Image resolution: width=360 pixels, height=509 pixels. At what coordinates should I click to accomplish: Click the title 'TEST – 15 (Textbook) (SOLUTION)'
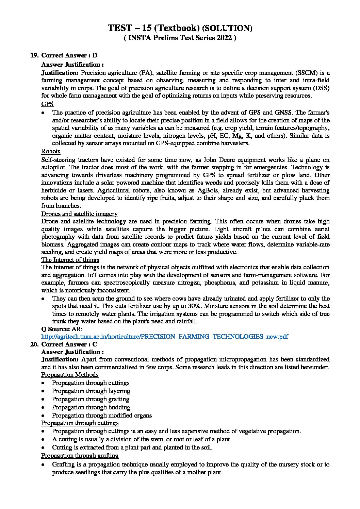point(180,28)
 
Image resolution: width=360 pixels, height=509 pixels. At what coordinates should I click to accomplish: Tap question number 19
point(34,55)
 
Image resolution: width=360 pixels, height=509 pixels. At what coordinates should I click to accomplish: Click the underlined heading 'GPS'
point(47,104)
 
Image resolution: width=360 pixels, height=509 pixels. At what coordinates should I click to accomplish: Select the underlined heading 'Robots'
point(51,151)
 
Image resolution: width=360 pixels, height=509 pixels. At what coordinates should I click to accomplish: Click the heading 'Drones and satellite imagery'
point(79,214)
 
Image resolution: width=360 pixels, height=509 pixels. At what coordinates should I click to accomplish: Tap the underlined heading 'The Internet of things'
point(70,260)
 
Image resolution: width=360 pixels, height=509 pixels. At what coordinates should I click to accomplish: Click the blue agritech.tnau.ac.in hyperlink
point(164,337)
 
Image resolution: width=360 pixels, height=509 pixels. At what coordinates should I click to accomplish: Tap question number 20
point(34,344)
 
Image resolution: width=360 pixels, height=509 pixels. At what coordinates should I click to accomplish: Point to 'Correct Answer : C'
point(69,344)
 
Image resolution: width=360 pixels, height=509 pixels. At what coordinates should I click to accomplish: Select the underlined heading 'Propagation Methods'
point(70,375)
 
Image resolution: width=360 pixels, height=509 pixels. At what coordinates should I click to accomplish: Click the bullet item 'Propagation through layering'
point(91,391)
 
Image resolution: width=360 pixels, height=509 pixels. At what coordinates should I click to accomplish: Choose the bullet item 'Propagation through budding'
point(91,407)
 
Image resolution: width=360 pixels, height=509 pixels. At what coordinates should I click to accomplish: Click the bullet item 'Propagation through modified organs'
point(102,415)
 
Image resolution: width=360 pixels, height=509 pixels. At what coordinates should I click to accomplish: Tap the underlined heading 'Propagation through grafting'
point(80,456)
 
